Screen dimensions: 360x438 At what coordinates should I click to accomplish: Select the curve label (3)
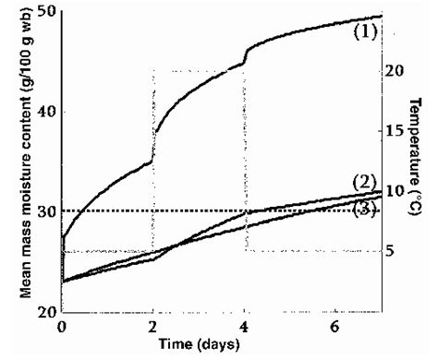(365, 210)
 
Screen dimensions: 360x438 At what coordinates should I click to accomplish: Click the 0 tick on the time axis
(62, 327)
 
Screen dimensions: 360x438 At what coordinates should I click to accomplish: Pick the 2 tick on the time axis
(152, 327)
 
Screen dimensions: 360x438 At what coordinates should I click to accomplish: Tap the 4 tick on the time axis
(244, 327)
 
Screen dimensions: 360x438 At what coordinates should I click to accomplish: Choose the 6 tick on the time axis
(335, 327)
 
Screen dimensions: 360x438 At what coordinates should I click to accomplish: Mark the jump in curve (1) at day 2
(152, 148)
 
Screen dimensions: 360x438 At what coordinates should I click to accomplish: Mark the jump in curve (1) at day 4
(244, 57)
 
